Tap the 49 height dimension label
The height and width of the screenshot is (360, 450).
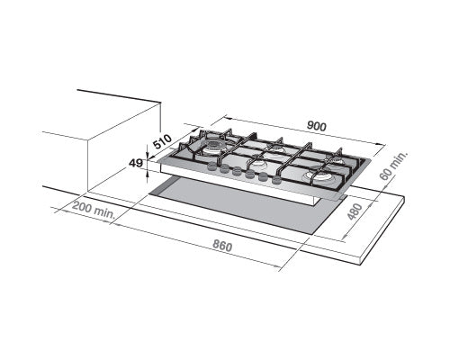click(x=137, y=164)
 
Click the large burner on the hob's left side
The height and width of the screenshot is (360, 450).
click(x=216, y=145)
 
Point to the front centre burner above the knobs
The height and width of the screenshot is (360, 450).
click(x=258, y=165)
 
